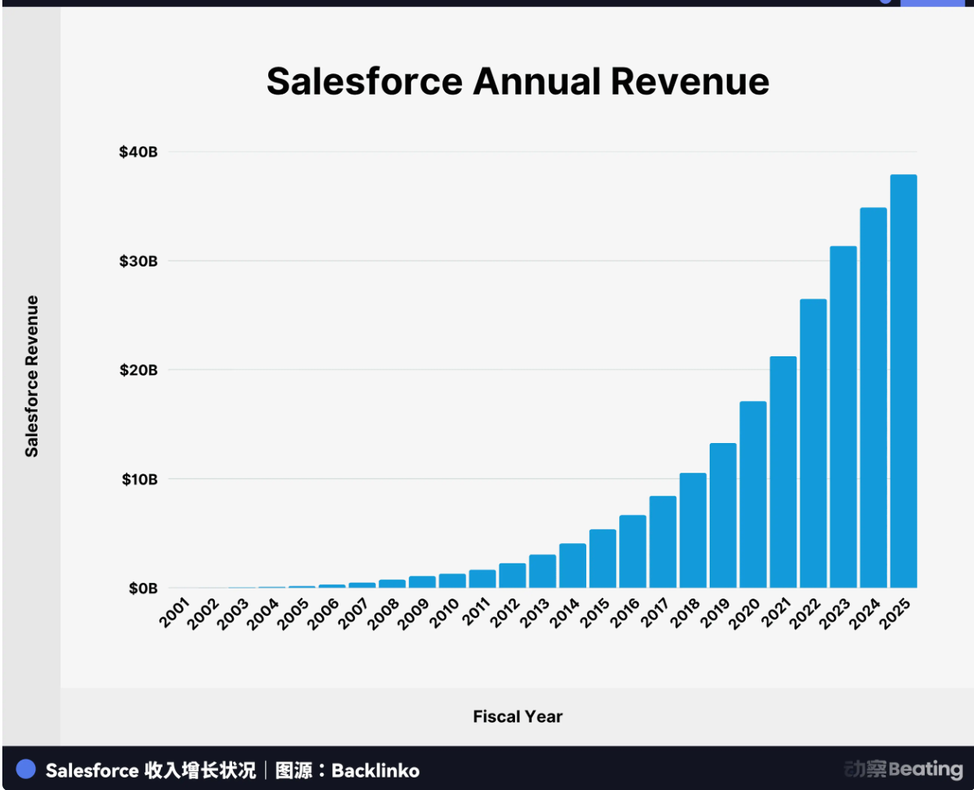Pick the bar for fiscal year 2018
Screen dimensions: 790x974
693,531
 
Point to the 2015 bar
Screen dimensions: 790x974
603,559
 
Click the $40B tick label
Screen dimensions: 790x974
138,152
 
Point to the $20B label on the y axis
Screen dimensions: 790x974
138,370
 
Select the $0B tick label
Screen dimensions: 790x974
143,588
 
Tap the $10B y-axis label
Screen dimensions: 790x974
139,479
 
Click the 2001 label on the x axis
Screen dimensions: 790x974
174,613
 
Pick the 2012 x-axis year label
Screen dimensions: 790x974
505,613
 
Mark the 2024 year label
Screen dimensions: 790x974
865,613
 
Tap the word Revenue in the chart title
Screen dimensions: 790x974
690,81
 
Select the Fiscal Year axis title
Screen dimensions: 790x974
517,717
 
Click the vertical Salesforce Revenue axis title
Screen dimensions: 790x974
32,376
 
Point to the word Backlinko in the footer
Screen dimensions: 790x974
375,770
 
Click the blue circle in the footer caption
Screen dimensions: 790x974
26,770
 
